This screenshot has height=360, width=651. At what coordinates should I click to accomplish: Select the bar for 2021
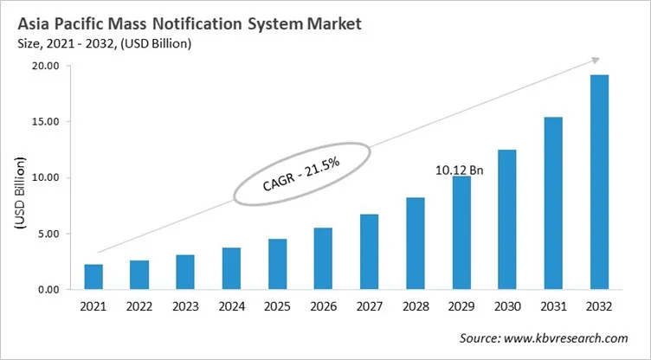[x=93, y=277]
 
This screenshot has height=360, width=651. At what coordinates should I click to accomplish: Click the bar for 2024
[x=231, y=268]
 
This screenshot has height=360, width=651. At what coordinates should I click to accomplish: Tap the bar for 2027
[x=369, y=252]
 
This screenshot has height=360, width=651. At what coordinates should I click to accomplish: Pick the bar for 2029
[x=461, y=233]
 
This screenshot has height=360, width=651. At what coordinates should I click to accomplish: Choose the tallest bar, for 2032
[x=598, y=183]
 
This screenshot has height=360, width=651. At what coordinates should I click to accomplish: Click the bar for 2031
[x=552, y=203]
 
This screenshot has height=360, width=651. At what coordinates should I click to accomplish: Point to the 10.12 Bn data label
[x=460, y=170]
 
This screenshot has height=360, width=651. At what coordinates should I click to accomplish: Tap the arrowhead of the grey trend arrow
[x=595, y=60]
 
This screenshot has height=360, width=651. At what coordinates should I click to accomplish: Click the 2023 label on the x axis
[x=185, y=307]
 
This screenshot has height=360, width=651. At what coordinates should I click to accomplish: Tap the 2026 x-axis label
[x=323, y=307]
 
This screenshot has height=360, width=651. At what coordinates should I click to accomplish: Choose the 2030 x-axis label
[x=506, y=307]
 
